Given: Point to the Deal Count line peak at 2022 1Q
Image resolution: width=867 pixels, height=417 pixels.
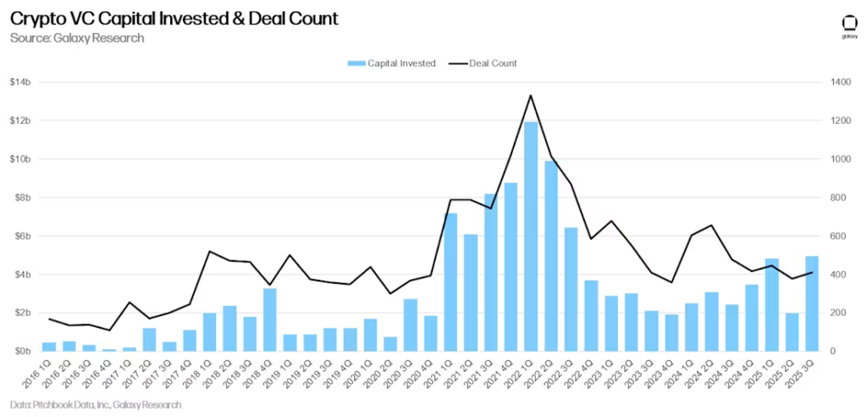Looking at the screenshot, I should click(x=531, y=95).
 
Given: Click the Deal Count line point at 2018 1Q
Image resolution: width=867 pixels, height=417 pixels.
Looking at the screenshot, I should click(x=210, y=251).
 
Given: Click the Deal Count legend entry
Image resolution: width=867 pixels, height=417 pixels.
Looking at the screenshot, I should click(x=483, y=64).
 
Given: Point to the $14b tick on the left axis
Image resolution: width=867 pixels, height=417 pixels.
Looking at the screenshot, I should click(x=20, y=82).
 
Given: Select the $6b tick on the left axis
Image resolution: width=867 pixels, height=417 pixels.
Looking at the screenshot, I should click(x=22, y=236).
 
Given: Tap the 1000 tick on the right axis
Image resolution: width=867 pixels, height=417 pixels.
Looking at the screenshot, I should click(x=839, y=159).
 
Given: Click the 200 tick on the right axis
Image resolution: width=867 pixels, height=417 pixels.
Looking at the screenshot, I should click(x=837, y=313).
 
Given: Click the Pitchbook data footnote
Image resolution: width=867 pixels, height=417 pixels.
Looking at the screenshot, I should click(x=96, y=405).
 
